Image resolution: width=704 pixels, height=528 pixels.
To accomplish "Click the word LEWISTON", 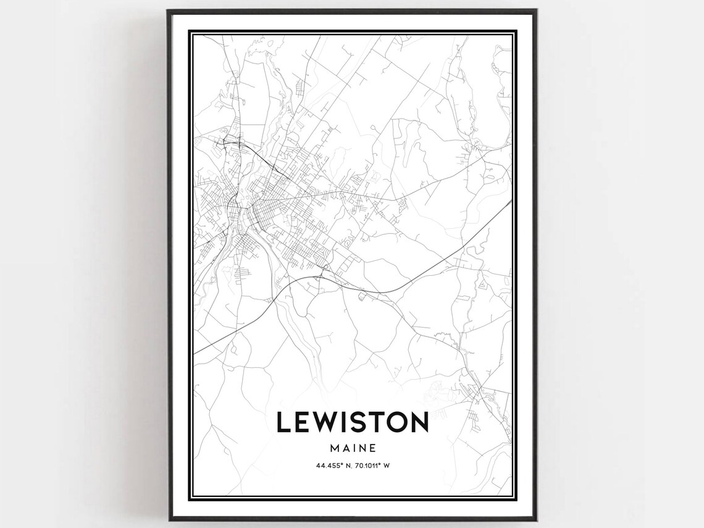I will [352, 422].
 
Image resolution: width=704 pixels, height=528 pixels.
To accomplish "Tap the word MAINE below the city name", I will [353, 446].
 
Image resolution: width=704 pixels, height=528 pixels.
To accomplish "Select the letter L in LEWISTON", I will [283, 422].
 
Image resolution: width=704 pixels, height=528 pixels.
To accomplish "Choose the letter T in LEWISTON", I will [375, 422].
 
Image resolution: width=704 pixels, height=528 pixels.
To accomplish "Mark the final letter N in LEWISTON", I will [417, 422].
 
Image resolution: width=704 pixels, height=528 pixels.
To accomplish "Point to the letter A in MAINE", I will [345, 446].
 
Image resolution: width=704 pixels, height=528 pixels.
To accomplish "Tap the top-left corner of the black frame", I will [168, 11].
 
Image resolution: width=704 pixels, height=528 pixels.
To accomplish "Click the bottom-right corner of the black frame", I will [536, 520].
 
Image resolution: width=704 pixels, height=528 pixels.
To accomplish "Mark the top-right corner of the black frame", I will [536, 11].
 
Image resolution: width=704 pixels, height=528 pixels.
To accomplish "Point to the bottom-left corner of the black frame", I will [168, 520].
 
